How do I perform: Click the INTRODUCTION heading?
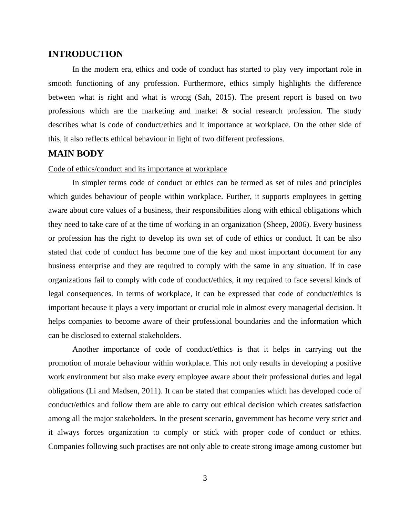(x=85, y=54)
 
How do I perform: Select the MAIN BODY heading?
(x=76, y=154)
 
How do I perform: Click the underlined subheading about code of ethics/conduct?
(x=137, y=169)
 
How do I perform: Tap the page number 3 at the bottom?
(x=205, y=478)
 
